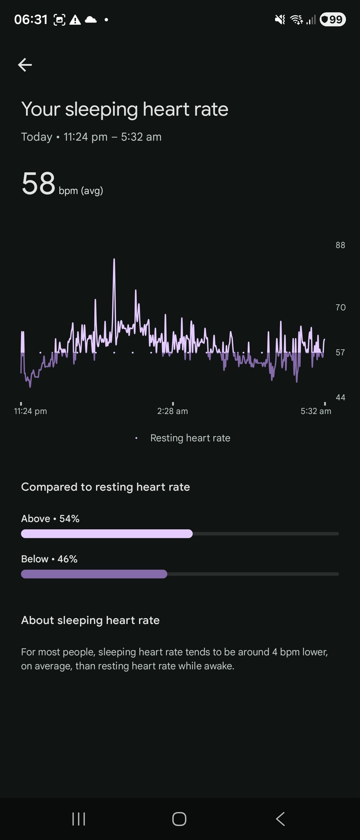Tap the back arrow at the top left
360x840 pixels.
pos(25,65)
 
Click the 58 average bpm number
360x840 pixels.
pos(38,183)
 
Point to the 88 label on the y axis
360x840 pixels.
pos(340,245)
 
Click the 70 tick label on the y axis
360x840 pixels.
pos(340,307)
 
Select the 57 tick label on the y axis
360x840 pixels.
pos(340,352)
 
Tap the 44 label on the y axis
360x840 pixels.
pos(340,397)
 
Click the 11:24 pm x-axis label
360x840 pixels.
pos(30,411)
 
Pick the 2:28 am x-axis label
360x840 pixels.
pos(173,411)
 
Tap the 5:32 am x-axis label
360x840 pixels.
pos(316,411)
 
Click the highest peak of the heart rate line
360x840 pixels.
pos(114,259)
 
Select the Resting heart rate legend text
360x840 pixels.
pos(190,438)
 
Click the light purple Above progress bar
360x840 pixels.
pos(107,534)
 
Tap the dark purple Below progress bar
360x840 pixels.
pos(94,574)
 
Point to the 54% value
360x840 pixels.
pos(69,519)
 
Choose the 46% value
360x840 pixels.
pos(67,559)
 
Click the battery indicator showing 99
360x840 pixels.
pos(333,20)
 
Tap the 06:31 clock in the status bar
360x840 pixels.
pos(31,20)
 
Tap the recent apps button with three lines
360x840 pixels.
pos(79,819)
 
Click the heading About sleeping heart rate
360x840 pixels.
pos(90,620)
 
